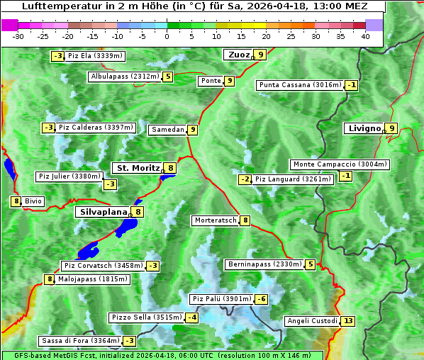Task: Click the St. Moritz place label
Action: (x=136, y=168)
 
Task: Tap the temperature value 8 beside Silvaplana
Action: (x=138, y=212)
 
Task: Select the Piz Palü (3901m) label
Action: (x=221, y=299)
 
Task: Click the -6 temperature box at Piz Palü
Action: (x=261, y=299)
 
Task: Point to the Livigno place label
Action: (x=364, y=128)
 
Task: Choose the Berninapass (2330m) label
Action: (x=264, y=264)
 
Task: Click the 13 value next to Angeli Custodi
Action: (x=347, y=321)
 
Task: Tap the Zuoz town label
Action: (x=238, y=55)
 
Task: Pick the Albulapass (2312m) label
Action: (x=125, y=77)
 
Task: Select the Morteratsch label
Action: (x=215, y=220)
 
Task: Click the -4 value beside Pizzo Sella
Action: (x=192, y=317)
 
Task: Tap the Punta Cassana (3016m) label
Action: (x=300, y=85)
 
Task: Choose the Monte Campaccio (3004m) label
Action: (x=340, y=164)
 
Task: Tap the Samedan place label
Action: (x=167, y=130)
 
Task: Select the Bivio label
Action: (x=33, y=201)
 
